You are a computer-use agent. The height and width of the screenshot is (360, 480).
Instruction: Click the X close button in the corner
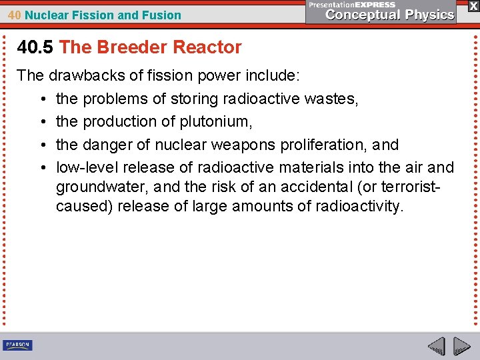click(x=473, y=6)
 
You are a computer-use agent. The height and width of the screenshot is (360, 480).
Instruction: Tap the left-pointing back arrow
click(x=437, y=346)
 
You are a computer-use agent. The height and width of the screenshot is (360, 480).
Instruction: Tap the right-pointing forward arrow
click(x=462, y=346)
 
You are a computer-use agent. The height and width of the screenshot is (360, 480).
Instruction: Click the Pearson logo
click(x=17, y=345)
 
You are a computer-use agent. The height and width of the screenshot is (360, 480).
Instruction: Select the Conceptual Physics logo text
click(x=391, y=14)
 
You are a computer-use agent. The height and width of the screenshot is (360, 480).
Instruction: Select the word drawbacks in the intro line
click(x=84, y=75)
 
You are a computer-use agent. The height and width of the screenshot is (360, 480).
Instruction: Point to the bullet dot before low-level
click(x=42, y=167)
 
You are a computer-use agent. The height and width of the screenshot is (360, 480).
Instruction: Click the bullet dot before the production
click(x=42, y=122)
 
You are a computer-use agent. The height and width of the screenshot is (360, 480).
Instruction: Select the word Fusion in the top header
click(x=164, y=15)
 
